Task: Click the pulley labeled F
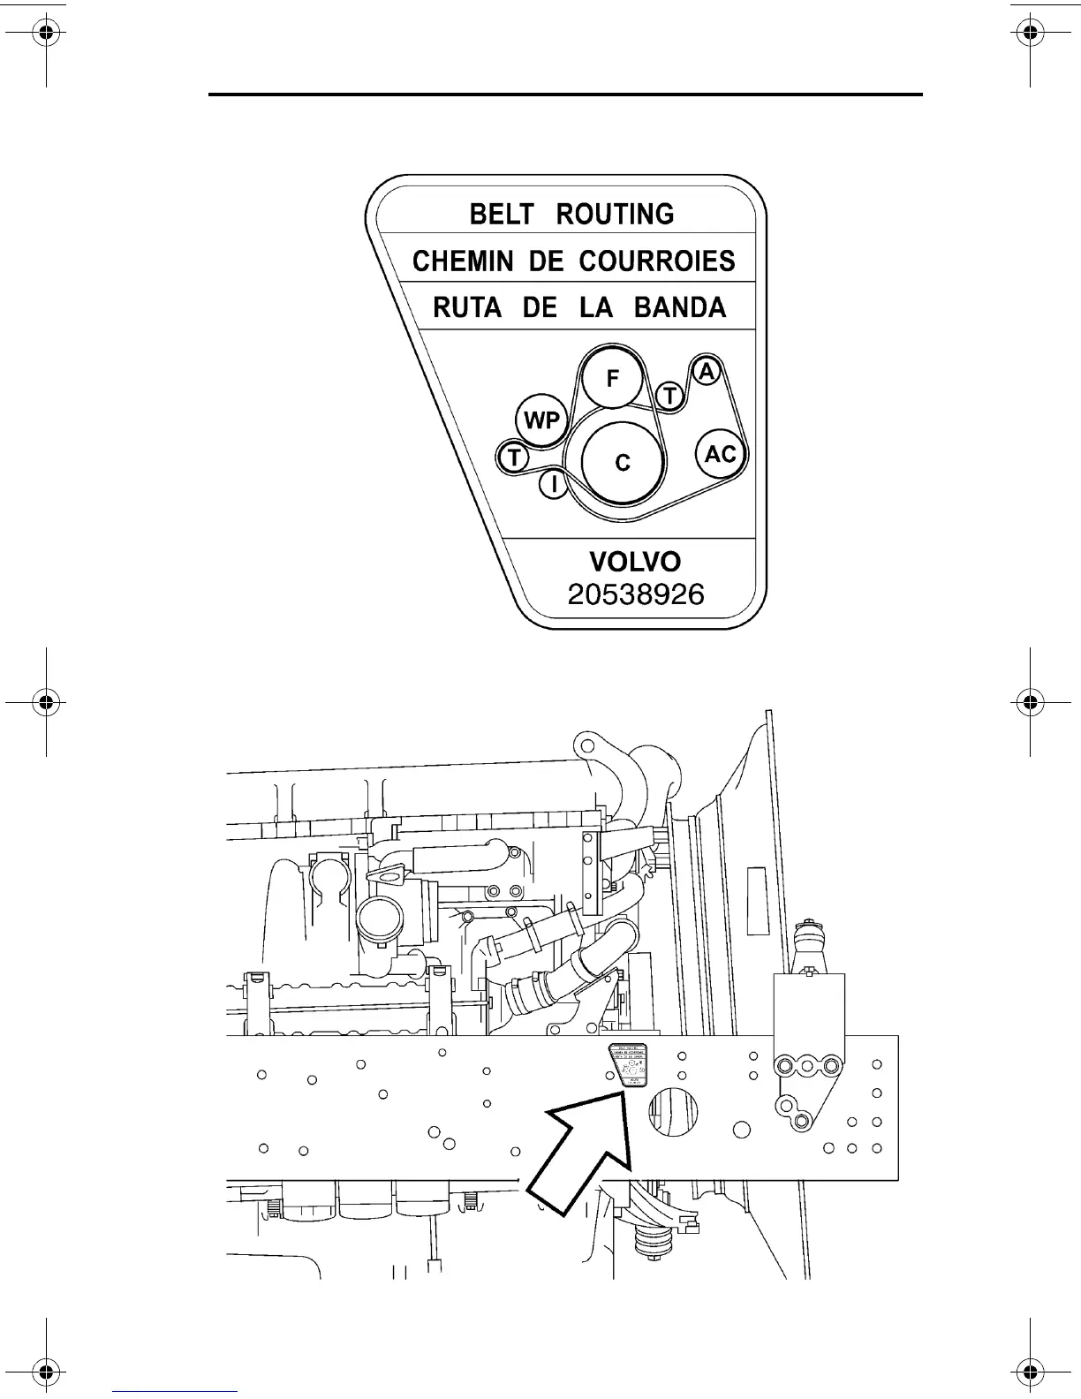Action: coord(613,378)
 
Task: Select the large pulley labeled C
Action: coord(623,462)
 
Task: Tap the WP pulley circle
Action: coord(540,420)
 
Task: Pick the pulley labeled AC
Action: coord(721,454)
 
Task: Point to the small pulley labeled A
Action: coord(706,372)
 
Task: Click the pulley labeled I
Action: coord(553,483)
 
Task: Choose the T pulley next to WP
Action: coord(513,458)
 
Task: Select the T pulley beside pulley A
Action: coord(671,397)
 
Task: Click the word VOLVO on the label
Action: coord(635,562)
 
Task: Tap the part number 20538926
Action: coord(636,594)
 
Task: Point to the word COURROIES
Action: coord(657,261)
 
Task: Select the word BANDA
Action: coord(680,308)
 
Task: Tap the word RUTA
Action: coord(467,308)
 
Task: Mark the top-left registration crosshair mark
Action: coord(47,35)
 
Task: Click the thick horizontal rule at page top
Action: coord(565,94)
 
